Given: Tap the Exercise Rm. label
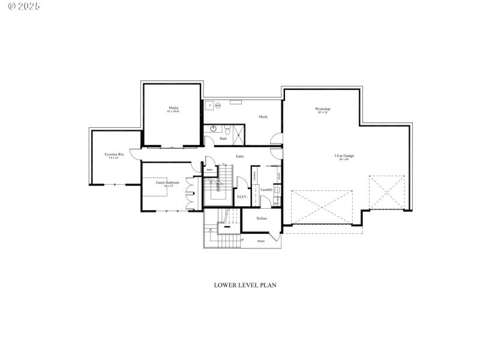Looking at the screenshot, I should [x=115, y=154].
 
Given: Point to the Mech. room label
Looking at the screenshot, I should [x=263, y=116].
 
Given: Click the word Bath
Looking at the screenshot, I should [x=223, y=139].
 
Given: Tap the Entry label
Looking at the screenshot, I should [x=239, y=157].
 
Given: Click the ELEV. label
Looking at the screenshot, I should [x=242, y=196].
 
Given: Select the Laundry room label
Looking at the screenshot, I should [x=266, y=190].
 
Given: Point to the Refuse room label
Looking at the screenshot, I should [x=262, y=218].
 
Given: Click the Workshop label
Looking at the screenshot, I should [x=323, y=109].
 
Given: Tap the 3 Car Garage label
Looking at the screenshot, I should [x=344, y=156].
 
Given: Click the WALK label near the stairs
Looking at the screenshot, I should [x=261, y=241].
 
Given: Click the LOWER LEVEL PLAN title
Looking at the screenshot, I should [x=245, y=285].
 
